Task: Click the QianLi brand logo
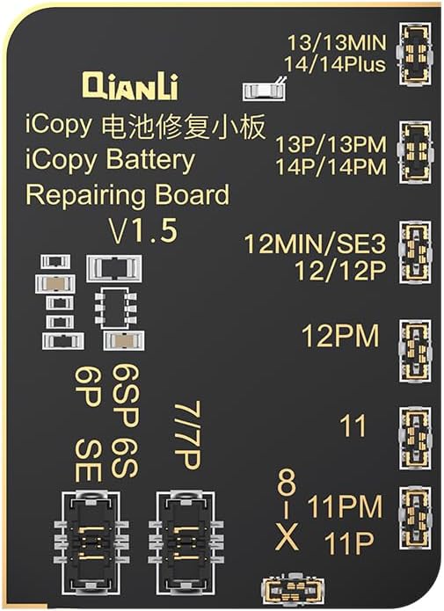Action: click(130, 85)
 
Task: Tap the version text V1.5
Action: click(143, 230)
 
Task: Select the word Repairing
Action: click(89, 196)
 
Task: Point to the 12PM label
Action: click(340, 336)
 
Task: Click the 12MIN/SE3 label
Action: click(315, 244)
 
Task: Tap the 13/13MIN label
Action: click(337, 42)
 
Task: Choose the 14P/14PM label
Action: click(331, 167)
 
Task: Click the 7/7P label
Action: click(187, 435)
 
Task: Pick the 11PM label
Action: click(345, 506)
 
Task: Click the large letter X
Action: click(288, 536)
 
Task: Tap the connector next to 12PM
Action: click(416, 351)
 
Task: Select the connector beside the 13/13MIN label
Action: click(415, 54)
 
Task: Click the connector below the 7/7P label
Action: click(186, 542)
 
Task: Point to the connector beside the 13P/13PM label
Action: click(415, 151)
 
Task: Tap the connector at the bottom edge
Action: click(294, 589)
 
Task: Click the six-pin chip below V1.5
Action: click(116, 308)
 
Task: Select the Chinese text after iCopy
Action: click(183, 126)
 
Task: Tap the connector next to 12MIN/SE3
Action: click(416, 252)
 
